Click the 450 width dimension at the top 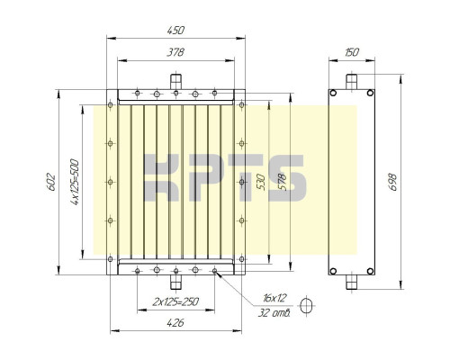point(176,31)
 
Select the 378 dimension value point(176,53)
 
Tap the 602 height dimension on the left point(51,182)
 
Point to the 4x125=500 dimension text point(75,182)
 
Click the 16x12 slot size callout point(274,298)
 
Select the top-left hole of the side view point(333,94)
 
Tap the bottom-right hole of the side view point(370,271)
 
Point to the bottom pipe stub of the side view point(352,283)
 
